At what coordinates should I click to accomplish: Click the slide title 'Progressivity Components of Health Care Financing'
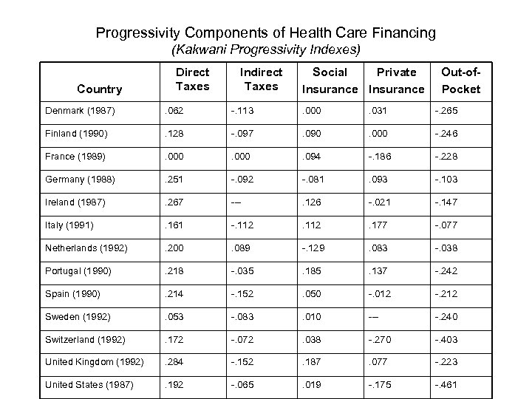266,33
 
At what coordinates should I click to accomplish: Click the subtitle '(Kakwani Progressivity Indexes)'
266,51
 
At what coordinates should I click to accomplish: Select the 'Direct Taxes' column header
192,79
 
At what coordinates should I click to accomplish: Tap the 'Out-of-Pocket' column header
460,80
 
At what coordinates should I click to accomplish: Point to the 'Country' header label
99,89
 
